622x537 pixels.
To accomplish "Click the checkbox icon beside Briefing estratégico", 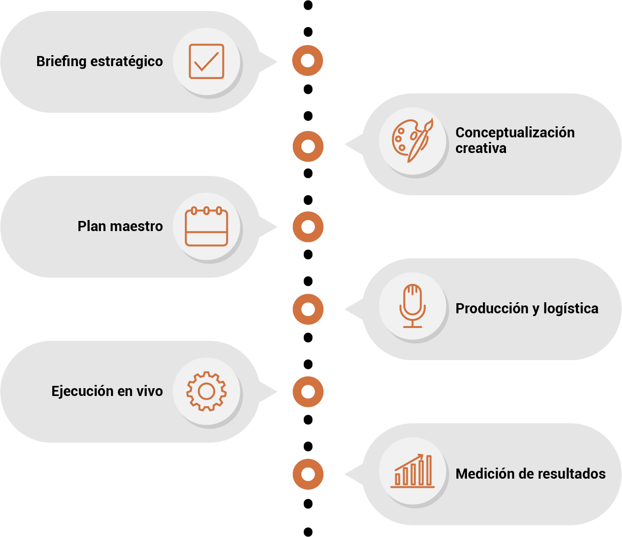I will [x=206, y=62].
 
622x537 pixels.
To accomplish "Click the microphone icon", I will [x=412, y=305].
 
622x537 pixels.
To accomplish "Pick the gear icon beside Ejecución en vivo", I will [x=206, y=391].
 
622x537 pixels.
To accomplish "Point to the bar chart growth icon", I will [x=412, y=470].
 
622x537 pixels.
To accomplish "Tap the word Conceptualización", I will [x=515, y=132].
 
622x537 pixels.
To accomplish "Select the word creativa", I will [x=481, y=148].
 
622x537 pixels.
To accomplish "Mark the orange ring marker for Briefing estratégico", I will [x=308, y=61].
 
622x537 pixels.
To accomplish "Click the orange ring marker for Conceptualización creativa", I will [x=308, y=147].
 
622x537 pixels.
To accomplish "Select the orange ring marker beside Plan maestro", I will [x=308, y=227].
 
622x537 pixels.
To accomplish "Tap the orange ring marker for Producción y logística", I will [x=308, y=309].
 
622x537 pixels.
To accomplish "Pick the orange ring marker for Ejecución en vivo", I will [x=308, y=392].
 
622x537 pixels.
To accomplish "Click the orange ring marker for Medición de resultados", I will [x=308, y=474].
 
